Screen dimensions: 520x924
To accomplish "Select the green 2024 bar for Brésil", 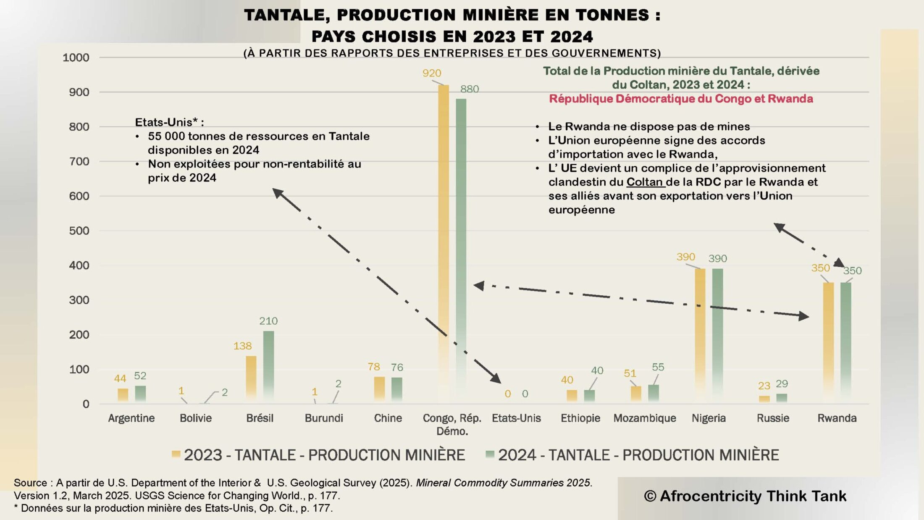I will [268, 365].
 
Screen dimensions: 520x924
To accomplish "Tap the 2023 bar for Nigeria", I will [700, 332].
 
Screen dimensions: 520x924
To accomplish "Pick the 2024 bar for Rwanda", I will [845, 340].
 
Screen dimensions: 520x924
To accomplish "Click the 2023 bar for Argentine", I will [123, 395].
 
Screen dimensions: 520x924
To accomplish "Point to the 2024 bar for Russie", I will [781, 398].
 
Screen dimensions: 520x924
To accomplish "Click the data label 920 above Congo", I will [431, 73].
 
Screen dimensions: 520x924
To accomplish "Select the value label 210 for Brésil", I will [268, 321].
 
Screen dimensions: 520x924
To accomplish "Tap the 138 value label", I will [242, 346].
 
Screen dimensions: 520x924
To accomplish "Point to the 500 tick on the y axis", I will [79, 231].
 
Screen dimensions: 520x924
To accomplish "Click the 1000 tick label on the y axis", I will [76, 58].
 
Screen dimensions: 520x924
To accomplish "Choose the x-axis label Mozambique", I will [644, 418].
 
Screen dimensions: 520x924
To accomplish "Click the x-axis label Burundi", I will [324, 418].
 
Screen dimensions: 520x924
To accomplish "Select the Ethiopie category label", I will [580, 418].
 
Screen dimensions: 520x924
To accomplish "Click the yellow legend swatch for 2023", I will [176, 454].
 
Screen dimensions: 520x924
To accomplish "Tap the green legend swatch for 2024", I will [490, 454].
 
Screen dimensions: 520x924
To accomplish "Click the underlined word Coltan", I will [644, 182].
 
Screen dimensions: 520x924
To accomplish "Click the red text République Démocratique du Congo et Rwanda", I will [681, 99].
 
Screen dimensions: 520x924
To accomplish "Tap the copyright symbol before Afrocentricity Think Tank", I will [650, 496].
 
